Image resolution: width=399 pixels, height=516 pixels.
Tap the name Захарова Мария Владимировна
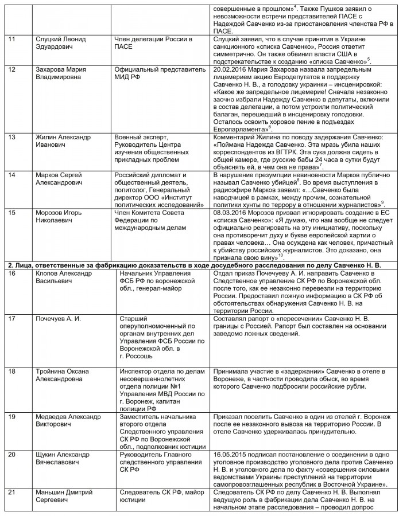click(61, 74)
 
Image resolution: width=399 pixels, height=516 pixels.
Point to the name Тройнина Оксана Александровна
click(63, 375)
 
